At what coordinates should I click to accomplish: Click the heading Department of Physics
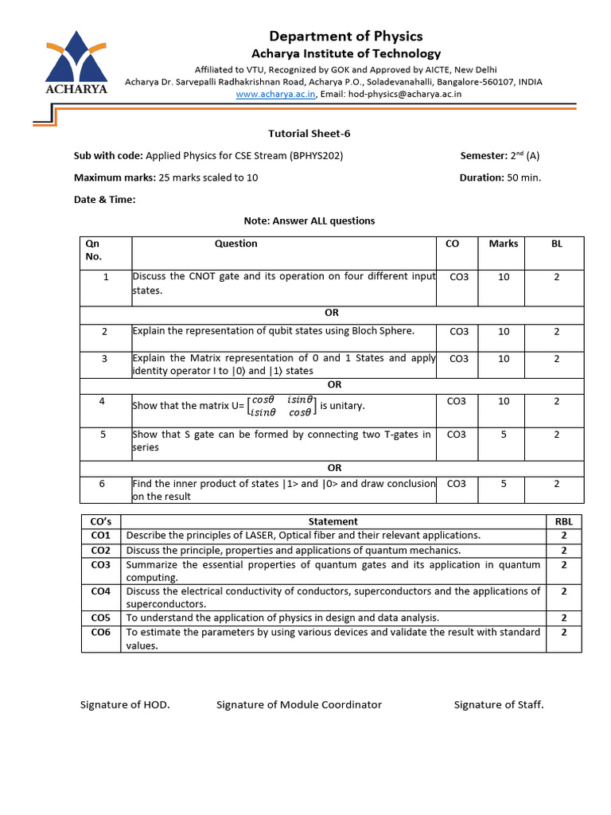[346, 36]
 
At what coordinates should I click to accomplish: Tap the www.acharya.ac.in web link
[276, 94]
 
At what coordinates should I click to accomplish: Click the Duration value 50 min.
[523, 177]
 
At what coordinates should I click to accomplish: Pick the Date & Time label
[105, 200]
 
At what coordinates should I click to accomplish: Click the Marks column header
[503, 244]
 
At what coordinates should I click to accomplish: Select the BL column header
[556, 244]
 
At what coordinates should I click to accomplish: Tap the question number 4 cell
[102, 401]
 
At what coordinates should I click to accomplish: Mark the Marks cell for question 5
[503, 435]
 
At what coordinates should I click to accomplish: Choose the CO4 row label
[100, 591]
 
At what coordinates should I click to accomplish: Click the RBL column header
[563, 521]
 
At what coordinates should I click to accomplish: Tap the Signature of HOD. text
[125, 704]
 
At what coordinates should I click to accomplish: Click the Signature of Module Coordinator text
[298, 704]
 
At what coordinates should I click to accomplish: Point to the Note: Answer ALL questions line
[309, 221]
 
